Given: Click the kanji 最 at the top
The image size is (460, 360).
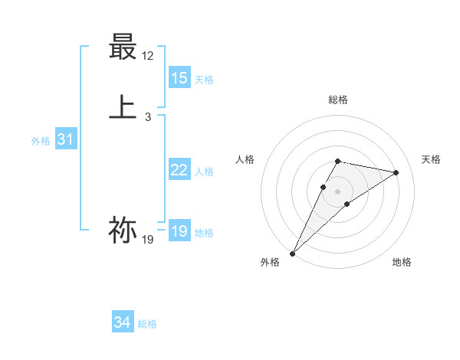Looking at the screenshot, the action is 123,47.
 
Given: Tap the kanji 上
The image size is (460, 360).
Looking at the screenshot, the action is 123,107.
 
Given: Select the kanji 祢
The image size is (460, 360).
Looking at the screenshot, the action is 123,229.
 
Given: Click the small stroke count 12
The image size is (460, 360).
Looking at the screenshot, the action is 148,56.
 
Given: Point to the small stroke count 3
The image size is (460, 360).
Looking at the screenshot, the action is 148,117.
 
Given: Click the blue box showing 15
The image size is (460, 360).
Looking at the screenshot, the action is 179,78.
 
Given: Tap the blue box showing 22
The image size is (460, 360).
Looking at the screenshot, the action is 179,170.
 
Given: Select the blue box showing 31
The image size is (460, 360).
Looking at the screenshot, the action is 65,139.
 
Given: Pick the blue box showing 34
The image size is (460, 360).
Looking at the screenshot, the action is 123,322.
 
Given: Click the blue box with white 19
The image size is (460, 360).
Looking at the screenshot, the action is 179,231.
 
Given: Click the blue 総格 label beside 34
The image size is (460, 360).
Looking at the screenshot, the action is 147,324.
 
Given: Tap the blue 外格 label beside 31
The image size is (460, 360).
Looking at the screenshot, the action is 41,141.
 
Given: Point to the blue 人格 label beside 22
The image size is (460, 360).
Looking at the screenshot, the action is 204,172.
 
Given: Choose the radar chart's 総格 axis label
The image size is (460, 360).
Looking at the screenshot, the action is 338,100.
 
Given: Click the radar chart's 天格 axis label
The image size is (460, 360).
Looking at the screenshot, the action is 432,159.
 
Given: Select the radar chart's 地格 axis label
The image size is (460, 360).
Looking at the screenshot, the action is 402,262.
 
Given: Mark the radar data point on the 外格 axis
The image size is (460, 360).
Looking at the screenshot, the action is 292,253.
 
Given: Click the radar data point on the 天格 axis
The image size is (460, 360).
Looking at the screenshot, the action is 396,172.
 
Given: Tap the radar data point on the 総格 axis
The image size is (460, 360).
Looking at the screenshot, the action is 338,161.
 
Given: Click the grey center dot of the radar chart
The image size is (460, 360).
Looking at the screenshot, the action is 338,191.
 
